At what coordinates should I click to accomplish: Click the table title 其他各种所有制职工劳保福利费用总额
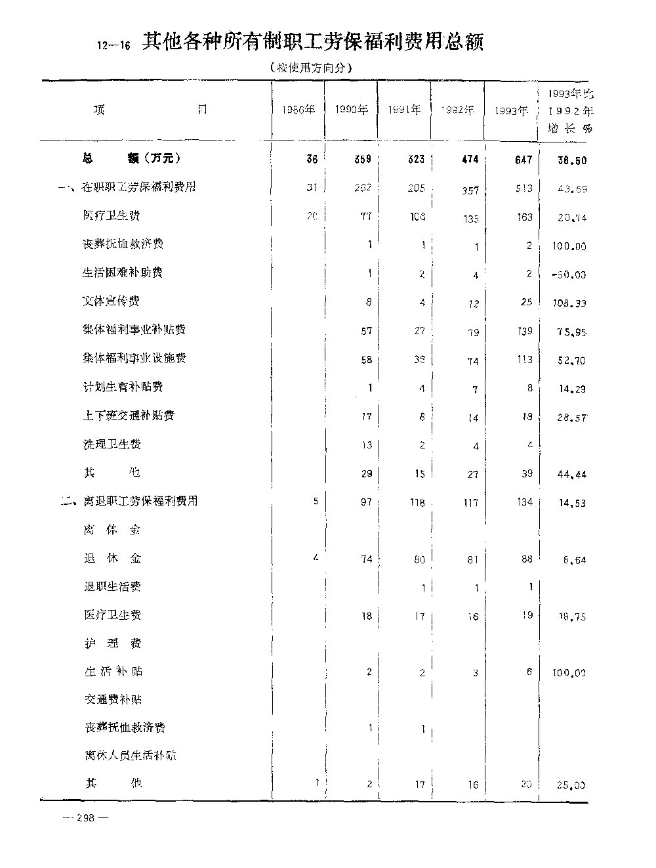tap(313, 43)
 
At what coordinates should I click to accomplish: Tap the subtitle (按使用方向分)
tap(312, 67)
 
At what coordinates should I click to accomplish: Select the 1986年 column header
tap(298, 110)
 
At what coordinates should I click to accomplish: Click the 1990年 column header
tap(351, 110)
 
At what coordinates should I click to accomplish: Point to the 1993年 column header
tap(512, 110)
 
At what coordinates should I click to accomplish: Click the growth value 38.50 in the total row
tap(569, 160)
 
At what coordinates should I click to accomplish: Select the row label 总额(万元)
tap(132, 158)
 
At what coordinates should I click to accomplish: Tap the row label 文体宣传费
tap(111, 301)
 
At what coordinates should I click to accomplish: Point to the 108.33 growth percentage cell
tap(568, 303)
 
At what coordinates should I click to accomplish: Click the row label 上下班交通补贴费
tap(129, 415)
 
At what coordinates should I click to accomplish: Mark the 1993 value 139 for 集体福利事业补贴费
tap(524, 331)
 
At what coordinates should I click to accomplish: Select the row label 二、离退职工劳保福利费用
tap(129, 502)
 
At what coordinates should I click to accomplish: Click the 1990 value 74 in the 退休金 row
tap(366, 559)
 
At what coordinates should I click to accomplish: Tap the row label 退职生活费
tap(112, 586)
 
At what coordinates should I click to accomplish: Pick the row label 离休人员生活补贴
tap(130, 756)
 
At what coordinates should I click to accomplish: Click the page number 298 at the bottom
tap(86, 817)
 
